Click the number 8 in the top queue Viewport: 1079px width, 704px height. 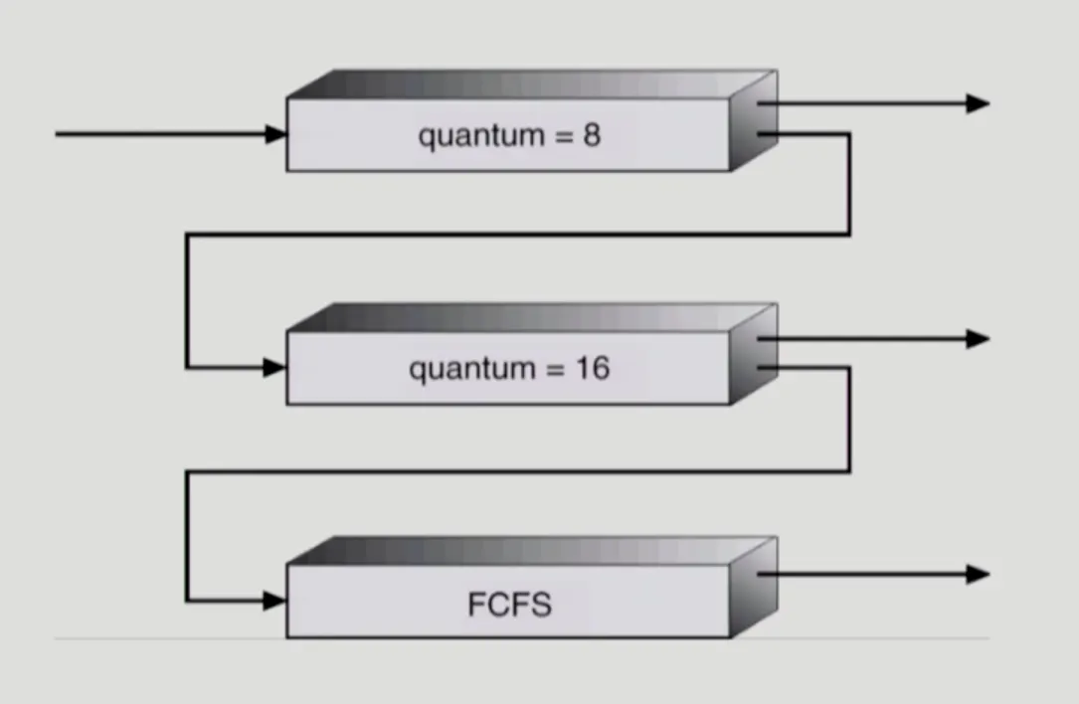coord(592,135)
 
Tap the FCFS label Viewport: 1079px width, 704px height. coord(508,604)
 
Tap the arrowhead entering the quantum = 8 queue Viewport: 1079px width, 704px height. coord(275,134)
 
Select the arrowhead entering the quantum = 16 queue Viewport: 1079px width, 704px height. coord(275,368)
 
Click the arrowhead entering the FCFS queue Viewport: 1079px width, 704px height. coord(275,601)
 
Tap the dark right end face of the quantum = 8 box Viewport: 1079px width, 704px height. coord(753,120)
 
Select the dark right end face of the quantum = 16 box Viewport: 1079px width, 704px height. coord(753,355)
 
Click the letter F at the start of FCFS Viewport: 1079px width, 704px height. coord(475,604)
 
